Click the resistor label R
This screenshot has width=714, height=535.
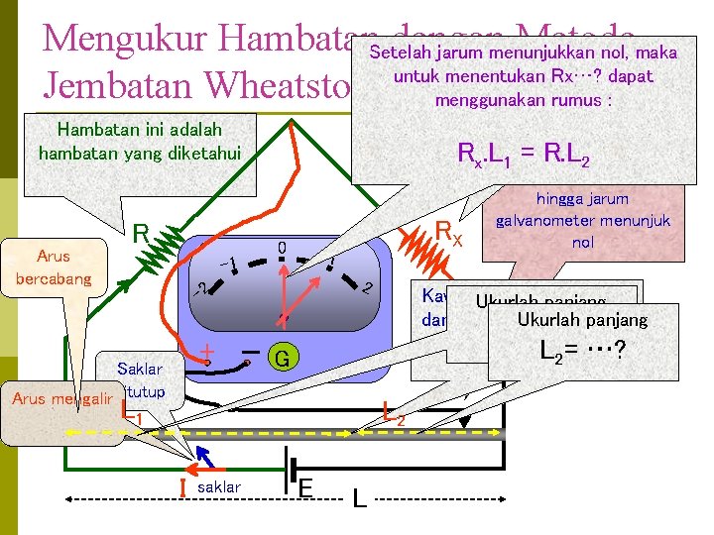[x=143, y=235]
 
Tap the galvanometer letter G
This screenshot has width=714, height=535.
[x=283, y=358]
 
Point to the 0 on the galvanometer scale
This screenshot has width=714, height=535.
[x=282, y=247]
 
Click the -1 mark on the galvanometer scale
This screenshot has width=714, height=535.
[x=227, y=264]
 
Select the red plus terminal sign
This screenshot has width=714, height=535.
[x=208, y=352]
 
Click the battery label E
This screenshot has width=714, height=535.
[x=306, y=489]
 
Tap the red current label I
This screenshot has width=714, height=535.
[x=183, y=487]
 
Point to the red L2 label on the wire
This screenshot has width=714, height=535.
[x=394, y=411]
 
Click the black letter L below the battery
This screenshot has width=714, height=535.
[x=359, y=500]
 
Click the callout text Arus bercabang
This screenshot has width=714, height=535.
[x=53, y=267]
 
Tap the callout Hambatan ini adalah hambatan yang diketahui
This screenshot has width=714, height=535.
[x=140, y=141]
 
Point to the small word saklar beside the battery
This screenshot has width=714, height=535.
[x=220, y=488]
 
